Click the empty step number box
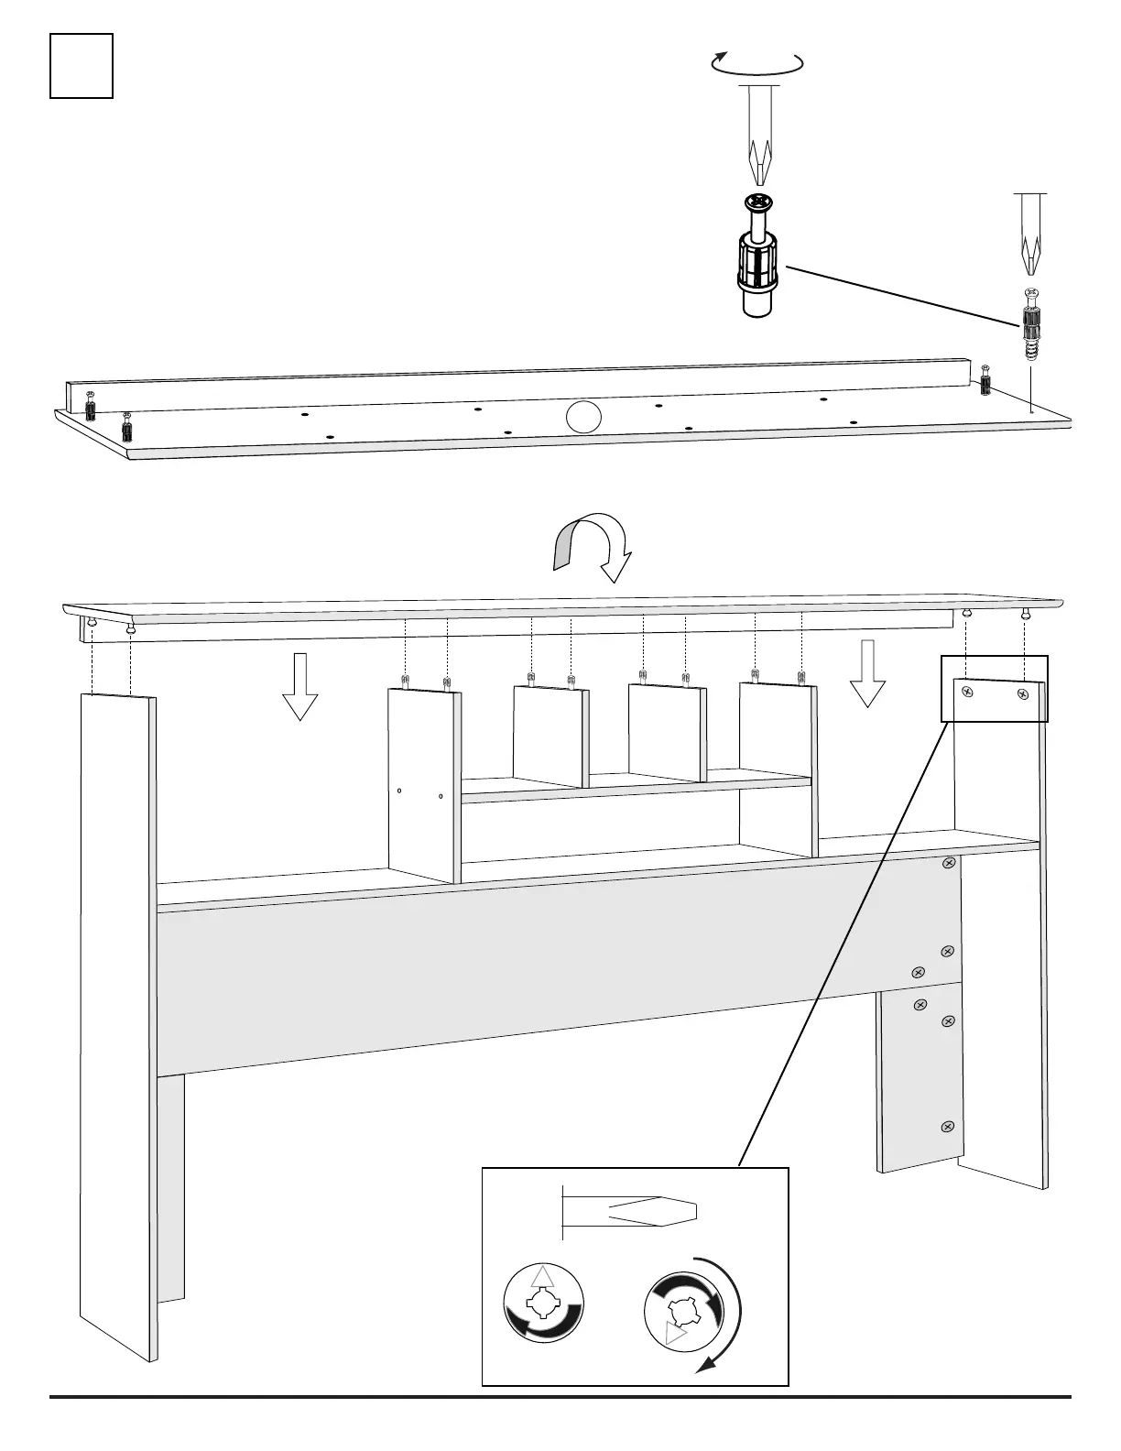[82, 66]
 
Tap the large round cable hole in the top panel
[582, 416]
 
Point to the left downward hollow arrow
[299, 687]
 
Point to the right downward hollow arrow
[866, 674]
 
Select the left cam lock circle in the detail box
[544, 1304]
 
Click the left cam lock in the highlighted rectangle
[966, 693]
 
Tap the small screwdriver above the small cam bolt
[1031, 235]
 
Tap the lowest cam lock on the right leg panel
[948, 1126]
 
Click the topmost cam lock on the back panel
[949, 863]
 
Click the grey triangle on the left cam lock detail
[543, 1276]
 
